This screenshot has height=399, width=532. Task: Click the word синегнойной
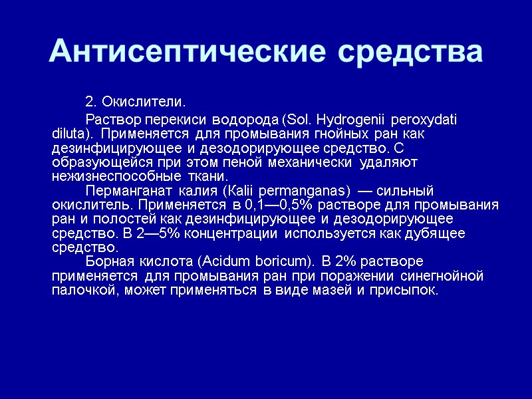tap(445, 276)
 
